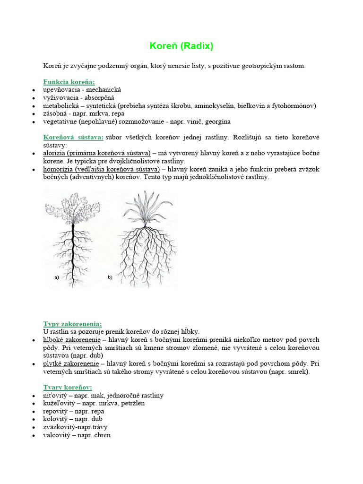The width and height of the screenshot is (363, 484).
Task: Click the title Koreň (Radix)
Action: (181, 46)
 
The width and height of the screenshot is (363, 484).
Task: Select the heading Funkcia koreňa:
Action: (69, 81)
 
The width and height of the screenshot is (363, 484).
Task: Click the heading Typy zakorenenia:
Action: (72, 324)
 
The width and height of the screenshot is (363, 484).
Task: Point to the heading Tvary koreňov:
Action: (68, 387)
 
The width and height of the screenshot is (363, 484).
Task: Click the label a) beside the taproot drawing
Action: (57, 277)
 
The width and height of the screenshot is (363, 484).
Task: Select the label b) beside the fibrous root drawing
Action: (110, 277)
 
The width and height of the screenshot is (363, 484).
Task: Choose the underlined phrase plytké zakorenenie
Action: (71, 363)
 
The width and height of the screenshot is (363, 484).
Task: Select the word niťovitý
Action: (55, 395)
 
